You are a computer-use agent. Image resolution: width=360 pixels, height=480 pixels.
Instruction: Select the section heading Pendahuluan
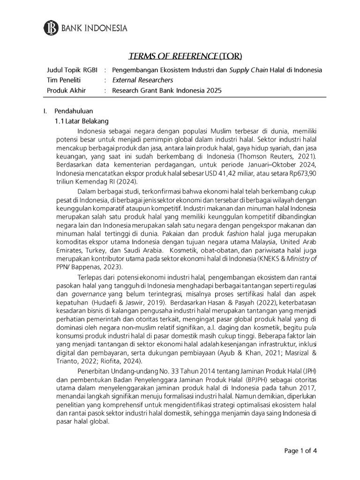74,112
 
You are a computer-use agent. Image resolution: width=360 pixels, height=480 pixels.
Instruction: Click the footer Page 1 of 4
301,451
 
